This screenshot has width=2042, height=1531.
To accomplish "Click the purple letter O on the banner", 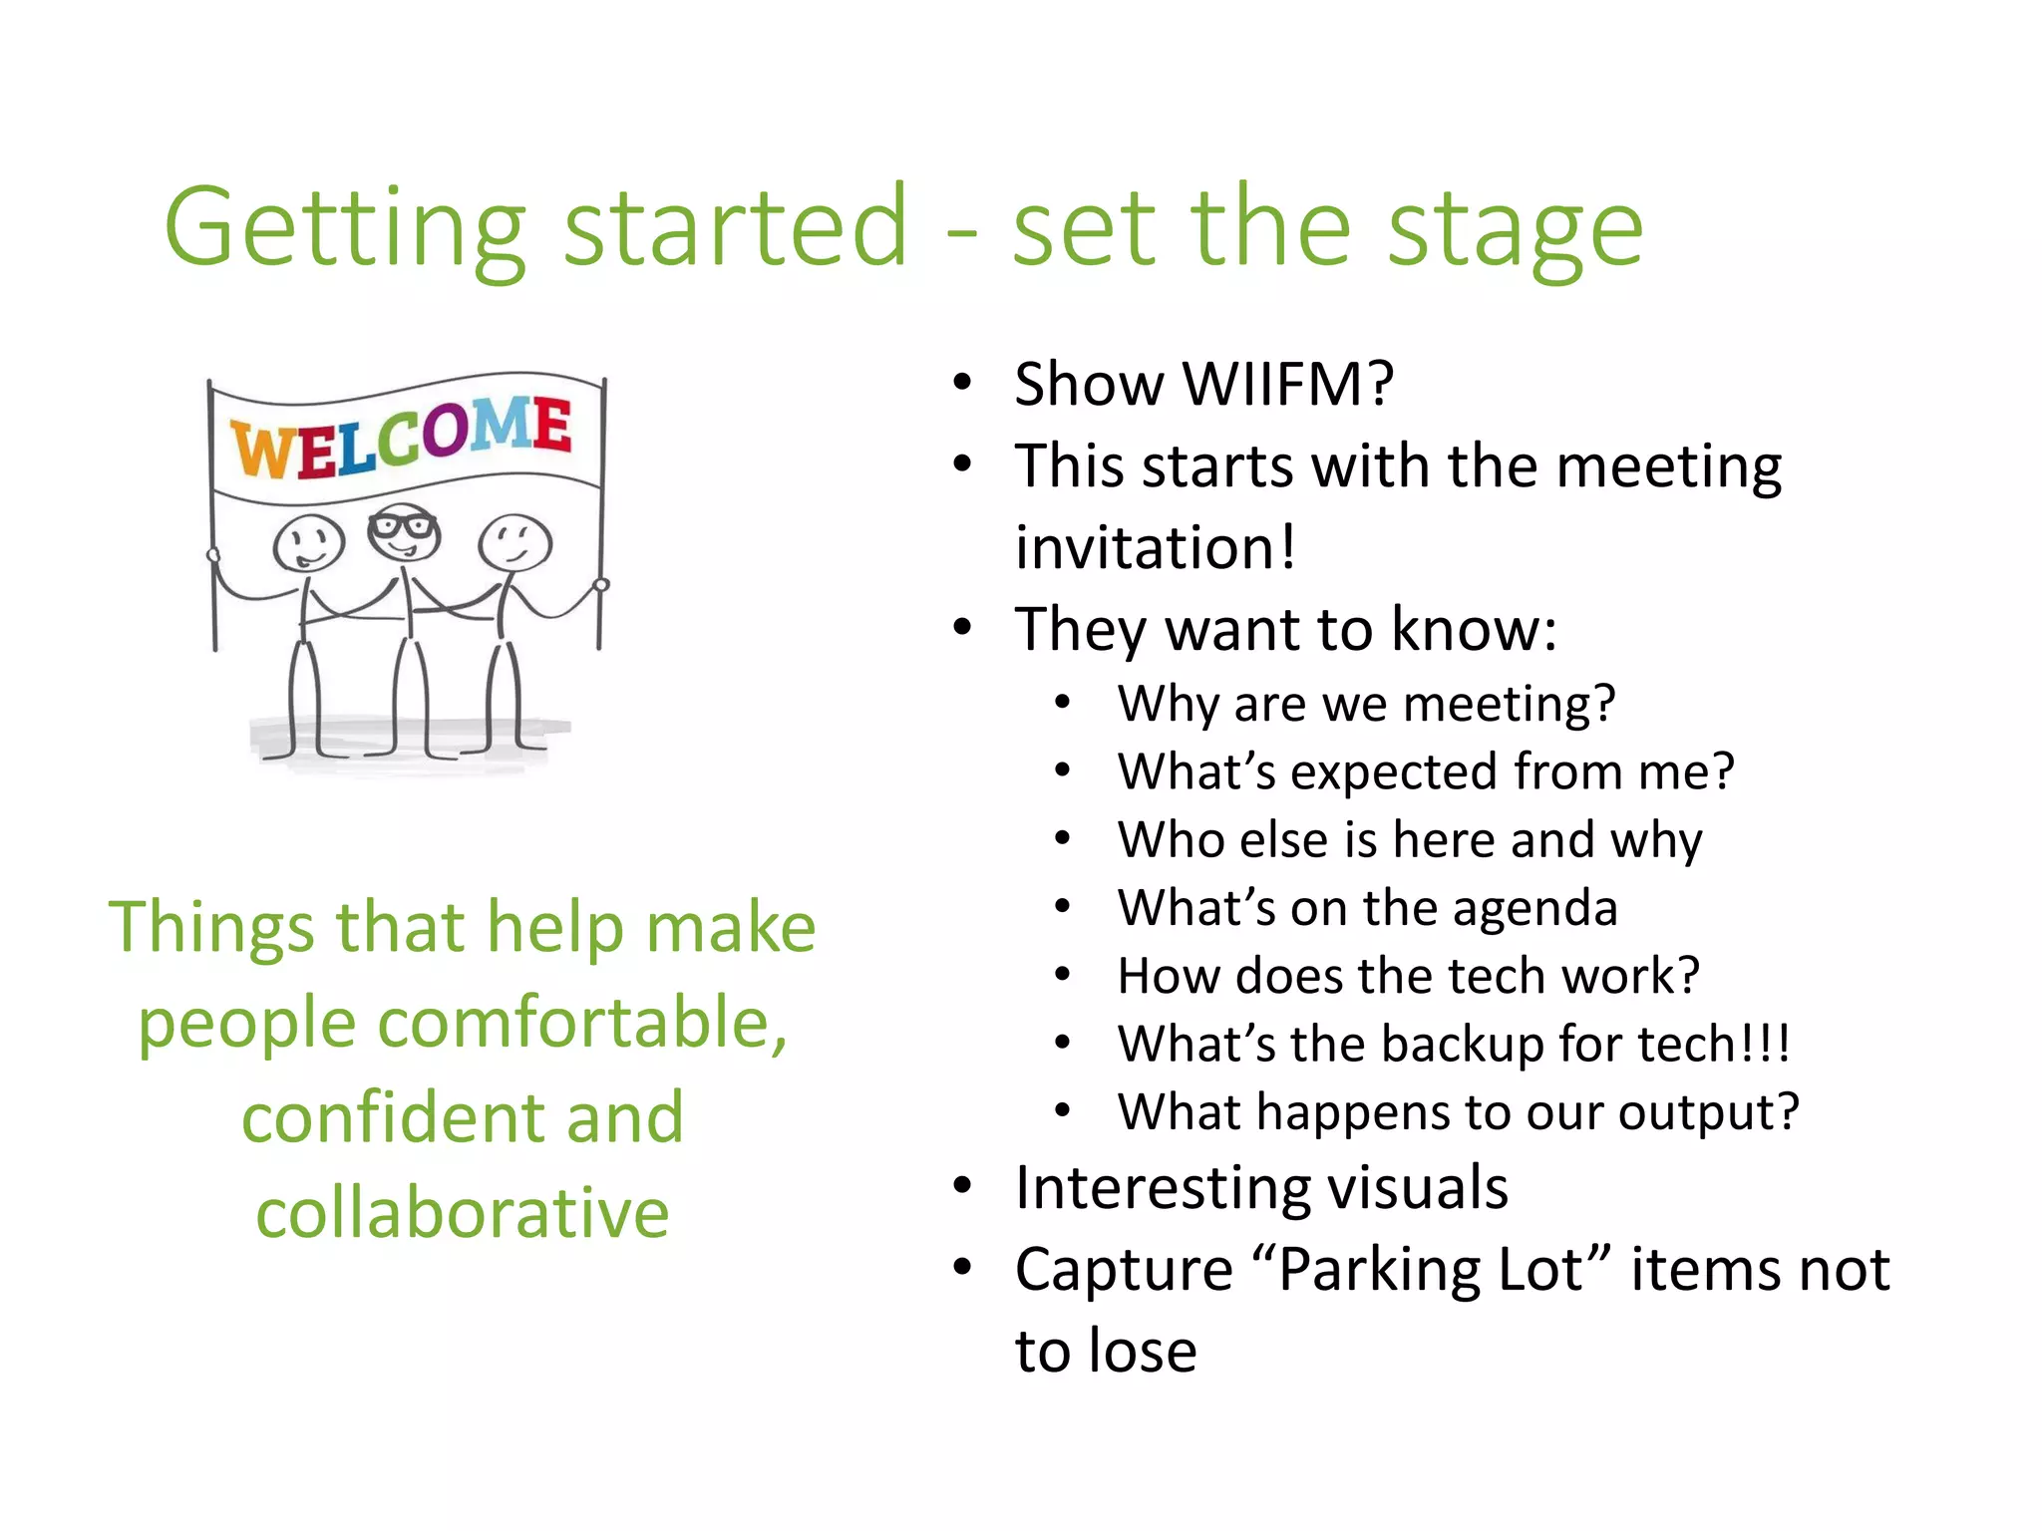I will (445, 431).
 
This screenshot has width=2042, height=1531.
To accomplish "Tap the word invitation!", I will (1156, 547).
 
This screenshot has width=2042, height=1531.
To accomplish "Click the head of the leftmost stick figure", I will (309, 543).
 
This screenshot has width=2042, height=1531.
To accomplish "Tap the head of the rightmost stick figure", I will (514, 541).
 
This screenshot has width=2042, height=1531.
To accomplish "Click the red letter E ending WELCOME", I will (551, 426).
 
